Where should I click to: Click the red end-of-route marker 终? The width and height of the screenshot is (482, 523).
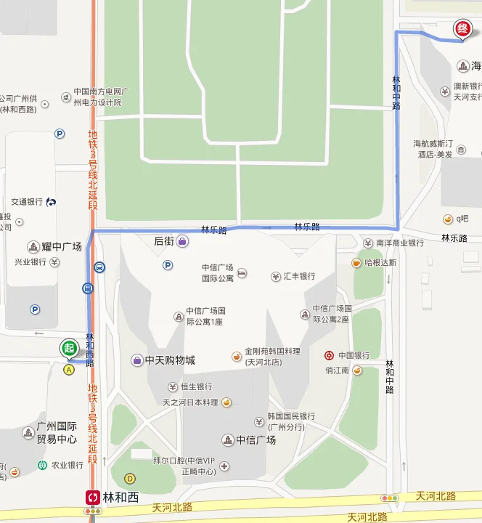[462, 29]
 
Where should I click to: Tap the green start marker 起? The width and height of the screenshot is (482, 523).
[69, 348]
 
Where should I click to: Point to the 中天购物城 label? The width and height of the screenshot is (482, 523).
[170, 360]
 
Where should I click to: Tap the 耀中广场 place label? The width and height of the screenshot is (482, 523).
[60, 247]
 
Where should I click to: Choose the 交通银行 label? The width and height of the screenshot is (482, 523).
[27, 201]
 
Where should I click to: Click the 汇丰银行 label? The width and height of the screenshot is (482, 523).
[298, 276]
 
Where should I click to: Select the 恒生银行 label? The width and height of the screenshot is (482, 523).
[196, 386]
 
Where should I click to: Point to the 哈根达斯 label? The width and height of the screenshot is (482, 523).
[380, 262]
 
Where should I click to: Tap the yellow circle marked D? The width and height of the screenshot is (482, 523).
[130, 478]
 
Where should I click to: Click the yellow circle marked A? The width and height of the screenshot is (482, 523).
[69, 369]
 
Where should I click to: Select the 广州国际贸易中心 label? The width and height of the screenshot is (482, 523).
[57, 433]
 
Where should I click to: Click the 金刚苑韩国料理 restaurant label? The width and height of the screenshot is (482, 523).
[271, 356]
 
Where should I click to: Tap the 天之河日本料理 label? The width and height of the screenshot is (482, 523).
[190, 402]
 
